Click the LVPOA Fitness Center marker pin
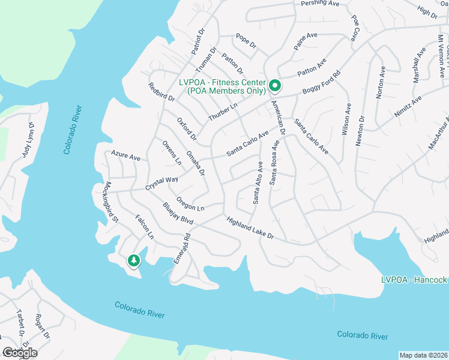[275, 86]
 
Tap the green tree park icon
[133, 260]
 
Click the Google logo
[20, 353]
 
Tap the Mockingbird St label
[112, 202]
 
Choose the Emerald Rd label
[181, 248]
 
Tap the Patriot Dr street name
[198, 40]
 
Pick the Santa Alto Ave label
[258, 182]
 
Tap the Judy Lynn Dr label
[28, 140]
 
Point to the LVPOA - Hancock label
[414, 280]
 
